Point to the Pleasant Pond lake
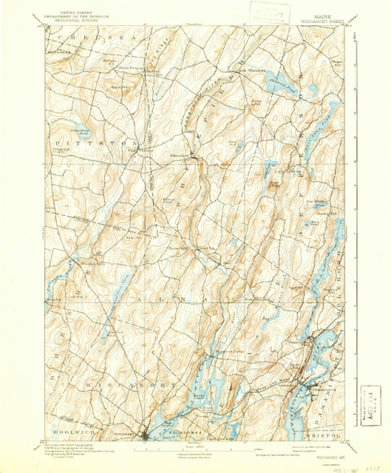(x=276, y=81)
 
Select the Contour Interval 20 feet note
(x=197, y=456)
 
